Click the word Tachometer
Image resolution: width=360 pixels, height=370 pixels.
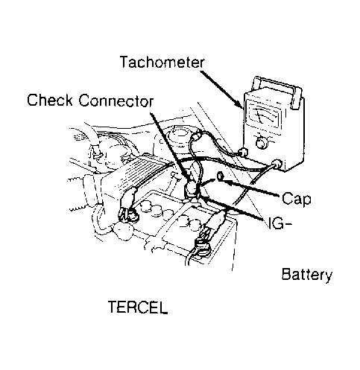coord(162,62)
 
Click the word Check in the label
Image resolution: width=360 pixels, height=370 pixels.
coord(50,100)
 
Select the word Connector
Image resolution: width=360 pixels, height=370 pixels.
coord(116,101)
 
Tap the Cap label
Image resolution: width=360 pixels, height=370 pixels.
coord(296,200)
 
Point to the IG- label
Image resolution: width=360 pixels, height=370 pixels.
coord(280,223)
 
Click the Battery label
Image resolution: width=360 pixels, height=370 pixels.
coord(307,275)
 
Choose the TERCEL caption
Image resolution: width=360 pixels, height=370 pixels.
coord(138,307)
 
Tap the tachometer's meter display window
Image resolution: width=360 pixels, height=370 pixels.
coord(265,114)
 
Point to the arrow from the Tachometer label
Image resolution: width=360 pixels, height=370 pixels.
coord(221,90)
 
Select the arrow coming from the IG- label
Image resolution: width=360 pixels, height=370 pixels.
coord(233,208)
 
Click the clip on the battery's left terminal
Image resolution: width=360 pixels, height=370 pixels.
coord(128,204)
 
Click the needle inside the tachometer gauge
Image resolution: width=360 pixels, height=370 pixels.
coord(261,115)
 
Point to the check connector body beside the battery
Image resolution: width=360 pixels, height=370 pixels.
coord(191,188)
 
